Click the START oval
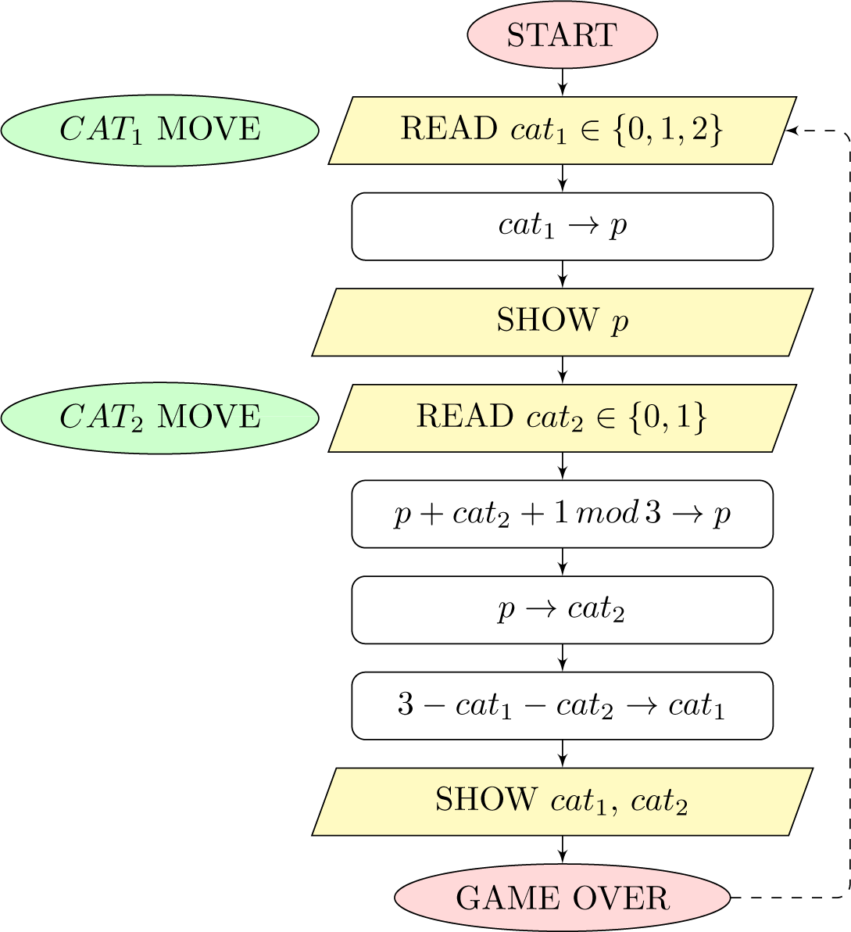tap(562, 35)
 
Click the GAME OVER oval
tap(562, 898)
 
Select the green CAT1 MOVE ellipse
tap(160, 130)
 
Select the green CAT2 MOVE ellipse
tap(160, 418)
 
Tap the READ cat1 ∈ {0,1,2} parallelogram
tap(562, 130)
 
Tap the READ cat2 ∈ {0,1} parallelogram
tap(562, 418)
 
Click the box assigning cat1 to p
tap(562, 226)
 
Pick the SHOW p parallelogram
tap(562, 321)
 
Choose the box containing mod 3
tap(562, 514)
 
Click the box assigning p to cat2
tap(562, 609)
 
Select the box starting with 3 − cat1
tap(562, 705)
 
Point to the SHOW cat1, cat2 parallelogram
tap(562, 801)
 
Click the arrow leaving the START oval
tap(562, 81)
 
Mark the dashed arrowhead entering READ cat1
tap(792, 130)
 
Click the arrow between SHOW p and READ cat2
tap(562, 370)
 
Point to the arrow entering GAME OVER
tap(562, 850)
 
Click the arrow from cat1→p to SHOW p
tap(562, 274)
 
